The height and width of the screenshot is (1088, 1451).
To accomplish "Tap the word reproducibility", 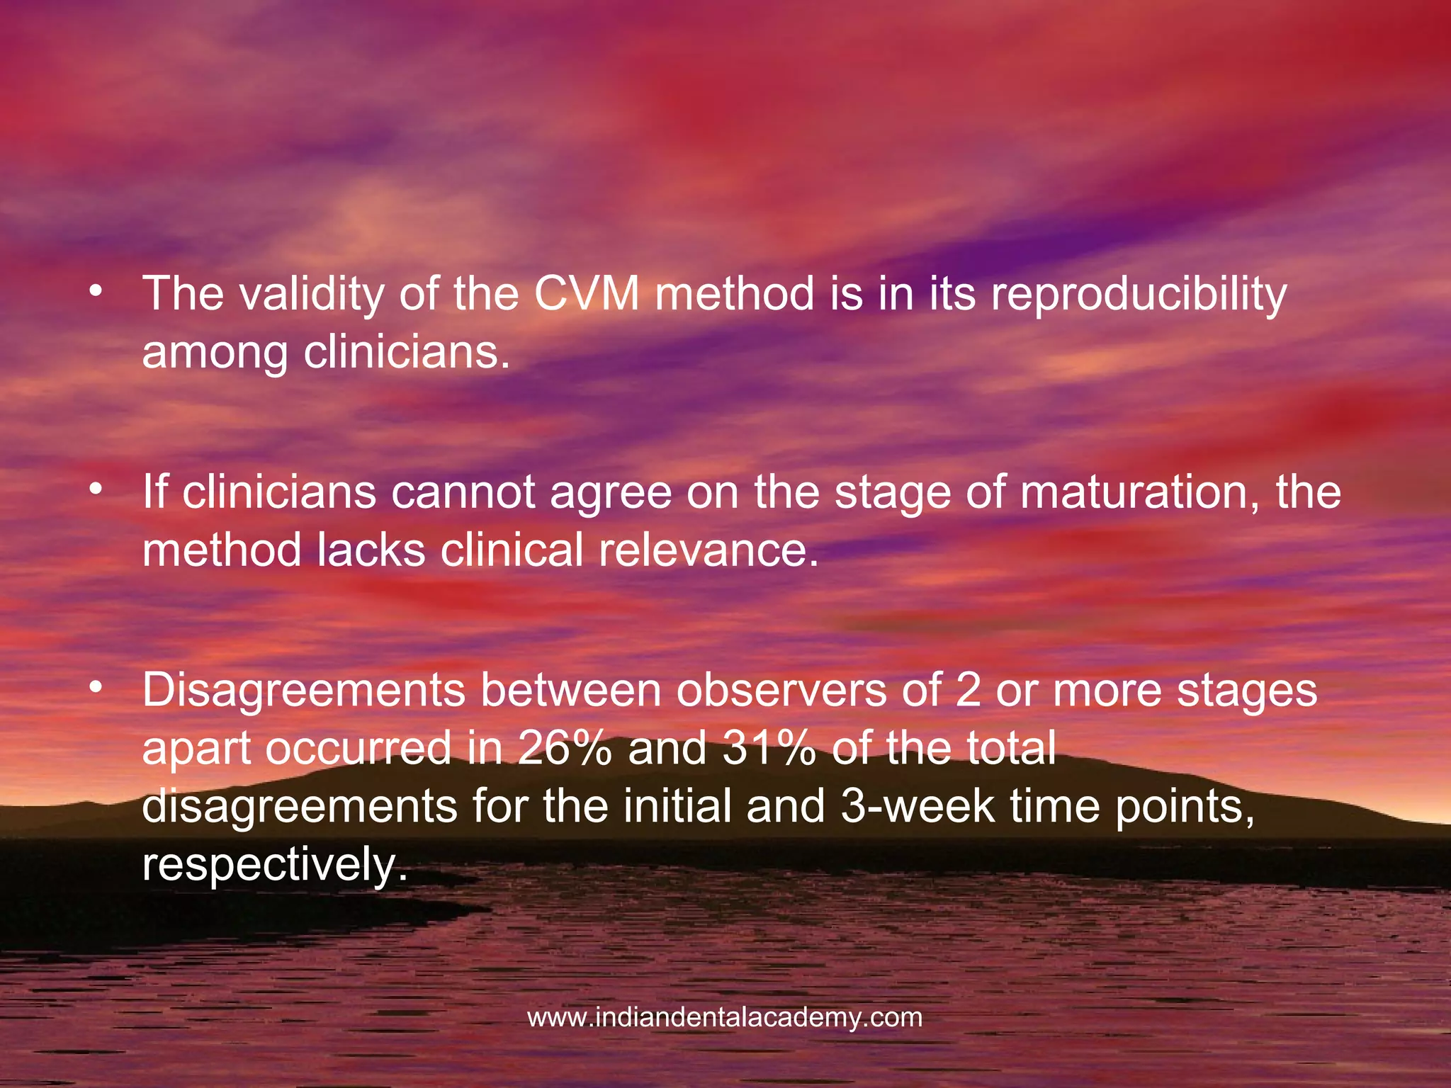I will point(1139,295).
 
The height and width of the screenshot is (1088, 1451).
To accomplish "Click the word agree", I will point(611,493).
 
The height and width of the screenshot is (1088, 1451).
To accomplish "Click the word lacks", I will point(371,550).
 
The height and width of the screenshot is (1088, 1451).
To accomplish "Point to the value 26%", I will point(564,748).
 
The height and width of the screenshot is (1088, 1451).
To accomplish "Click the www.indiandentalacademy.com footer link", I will point(725,1018).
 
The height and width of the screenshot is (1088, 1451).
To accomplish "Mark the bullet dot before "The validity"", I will point(96,291).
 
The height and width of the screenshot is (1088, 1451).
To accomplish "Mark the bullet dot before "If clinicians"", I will point(96,489).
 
